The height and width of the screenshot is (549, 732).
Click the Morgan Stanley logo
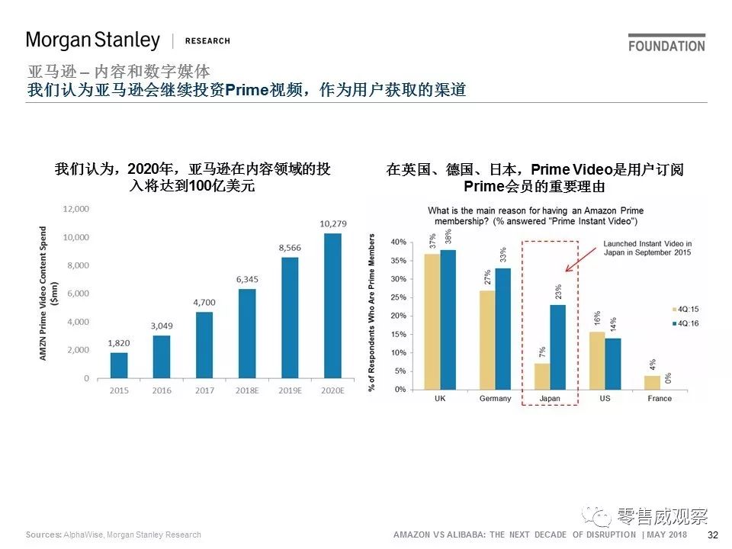pyautogui.click(x=93, y=40)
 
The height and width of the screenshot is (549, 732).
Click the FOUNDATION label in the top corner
pyautogui.click(x=666, y=45)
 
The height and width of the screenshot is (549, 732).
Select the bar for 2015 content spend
pyautogui.click(x=119, y=364)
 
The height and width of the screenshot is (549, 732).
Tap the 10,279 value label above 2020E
pyautogui.click(x=332, y=223)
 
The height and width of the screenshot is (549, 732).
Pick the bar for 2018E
pyautogui.click(x=247, y=332)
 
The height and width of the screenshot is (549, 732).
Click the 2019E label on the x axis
pyautogui.click(x=289, y=391)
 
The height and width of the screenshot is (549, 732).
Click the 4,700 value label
pyautogui.click(x=204, y=302)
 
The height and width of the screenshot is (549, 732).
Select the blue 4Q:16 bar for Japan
pyautogui.click(x=558, y=347)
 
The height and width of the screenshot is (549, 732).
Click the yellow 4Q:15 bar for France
pyautogui.click(x=652, y=382)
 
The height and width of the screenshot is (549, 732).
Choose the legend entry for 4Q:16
pyautogui.click(x=686, y=323)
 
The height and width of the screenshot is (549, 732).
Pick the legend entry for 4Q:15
pyautogui.click(x=686, y=310)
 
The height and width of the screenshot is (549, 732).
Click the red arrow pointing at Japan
pyautogui.click(x=579, y=258)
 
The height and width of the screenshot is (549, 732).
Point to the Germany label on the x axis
pyautogui.click(x=496, y=399)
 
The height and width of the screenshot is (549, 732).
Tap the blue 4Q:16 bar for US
pyautogui.click(x=613, y=364)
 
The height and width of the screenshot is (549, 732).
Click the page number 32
pyautogui.click(x=713, y=535)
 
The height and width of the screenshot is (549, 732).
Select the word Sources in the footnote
pyautogui.click(x=43, y=535)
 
